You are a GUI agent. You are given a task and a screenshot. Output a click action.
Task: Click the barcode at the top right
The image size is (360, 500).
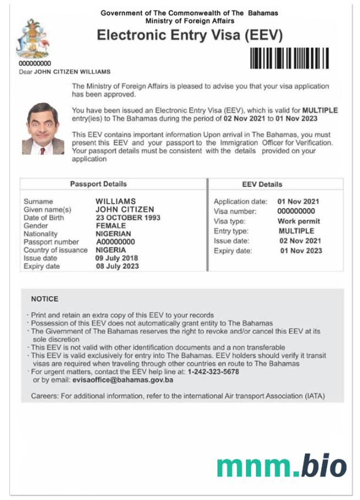pos(290,58)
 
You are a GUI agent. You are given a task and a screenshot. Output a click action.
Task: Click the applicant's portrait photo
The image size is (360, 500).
pos(43,128)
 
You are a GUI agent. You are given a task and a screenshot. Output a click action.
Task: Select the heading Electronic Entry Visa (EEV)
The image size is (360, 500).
pos(189,35)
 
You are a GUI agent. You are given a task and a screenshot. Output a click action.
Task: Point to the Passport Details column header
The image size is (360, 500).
pos(98,184)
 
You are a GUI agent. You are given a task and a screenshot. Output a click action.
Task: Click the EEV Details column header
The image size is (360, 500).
pos(262,185)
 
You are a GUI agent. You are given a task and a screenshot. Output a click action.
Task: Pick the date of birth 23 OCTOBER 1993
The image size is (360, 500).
pos(128,217)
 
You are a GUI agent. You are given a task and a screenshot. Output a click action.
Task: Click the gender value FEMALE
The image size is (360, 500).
pos(111,226)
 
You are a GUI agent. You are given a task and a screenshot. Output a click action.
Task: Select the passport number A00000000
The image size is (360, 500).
pos(115,241)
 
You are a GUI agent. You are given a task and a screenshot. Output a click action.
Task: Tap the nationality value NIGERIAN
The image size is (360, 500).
pos(113,234)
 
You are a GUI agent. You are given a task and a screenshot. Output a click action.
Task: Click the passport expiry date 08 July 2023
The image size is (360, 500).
pos(117,266)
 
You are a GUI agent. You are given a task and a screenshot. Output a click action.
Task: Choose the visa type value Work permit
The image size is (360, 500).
pos(298,221)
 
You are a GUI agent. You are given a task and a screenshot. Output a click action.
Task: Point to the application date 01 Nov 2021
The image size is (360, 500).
pos(298,202)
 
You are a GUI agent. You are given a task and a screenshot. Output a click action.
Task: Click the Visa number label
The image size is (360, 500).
pos(235,211)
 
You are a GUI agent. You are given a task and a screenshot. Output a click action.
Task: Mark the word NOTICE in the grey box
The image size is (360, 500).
pos(45,299)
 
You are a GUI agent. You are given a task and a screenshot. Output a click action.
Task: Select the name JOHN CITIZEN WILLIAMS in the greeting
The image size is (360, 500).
pos(72,72)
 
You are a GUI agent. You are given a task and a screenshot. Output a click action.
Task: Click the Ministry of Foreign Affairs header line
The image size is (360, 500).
pos(189,21)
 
